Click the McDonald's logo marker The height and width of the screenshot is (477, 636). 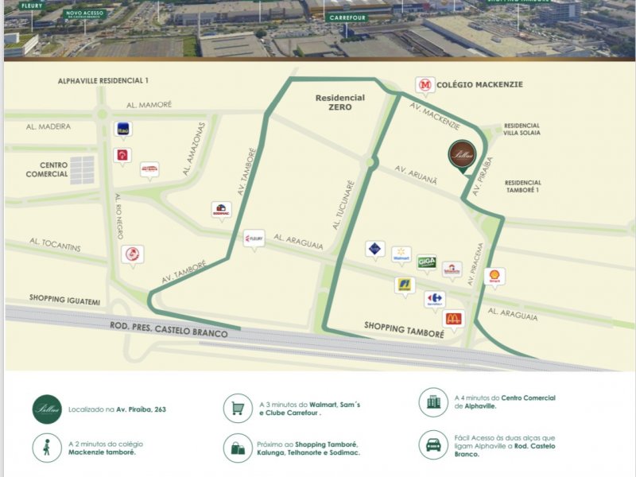tap(453, 319)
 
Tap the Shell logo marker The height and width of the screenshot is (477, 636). tap(494, 276)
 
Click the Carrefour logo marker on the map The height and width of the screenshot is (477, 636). tap(434, 299)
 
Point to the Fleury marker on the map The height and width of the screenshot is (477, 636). tap(254, 238)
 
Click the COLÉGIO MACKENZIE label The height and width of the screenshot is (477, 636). tap(480, 84)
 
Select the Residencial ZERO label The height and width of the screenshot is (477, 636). tap(339, 102)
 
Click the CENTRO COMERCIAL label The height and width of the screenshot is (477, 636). tap(47, 169)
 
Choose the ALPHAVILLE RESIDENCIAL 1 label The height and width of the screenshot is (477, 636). tap(103, 81)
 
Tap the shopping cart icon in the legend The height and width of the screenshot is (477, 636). tap(238, 409)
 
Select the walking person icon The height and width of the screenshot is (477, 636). tap(47, 448)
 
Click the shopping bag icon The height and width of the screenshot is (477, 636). tap(238, 448)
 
